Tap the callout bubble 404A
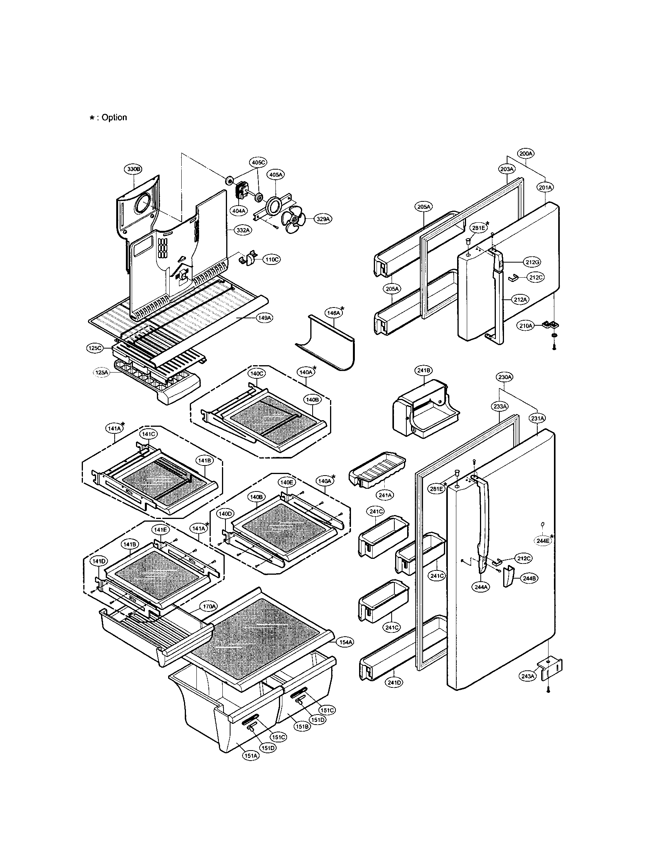tap(239, 211)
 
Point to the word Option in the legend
tap(114, 117)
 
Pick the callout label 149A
tap(264, 318)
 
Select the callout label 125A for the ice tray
tap(101, 373)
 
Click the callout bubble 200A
tap(526, 154)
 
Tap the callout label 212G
tap(532, 263)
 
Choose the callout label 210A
tap(526, 325)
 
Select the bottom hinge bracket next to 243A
tap(551, 669)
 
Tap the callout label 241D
tap(394, 682)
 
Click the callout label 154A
tap(346, 642)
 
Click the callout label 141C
tap(149, 434)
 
